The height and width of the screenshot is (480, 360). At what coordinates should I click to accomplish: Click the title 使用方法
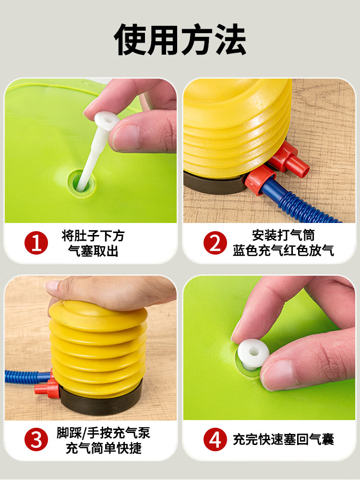coord(180,40)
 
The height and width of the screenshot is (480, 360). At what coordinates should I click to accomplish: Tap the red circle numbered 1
coord(36,243)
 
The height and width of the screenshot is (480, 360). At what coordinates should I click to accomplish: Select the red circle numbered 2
coord(215,243)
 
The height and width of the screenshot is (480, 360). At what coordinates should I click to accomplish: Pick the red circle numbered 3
coord(36,440)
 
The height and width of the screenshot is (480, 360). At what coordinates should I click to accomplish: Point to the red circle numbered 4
coord(215,440)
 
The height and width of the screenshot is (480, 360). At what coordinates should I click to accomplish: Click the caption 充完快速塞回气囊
coord(283,440)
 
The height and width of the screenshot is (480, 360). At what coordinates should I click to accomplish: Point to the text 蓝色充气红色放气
coord(283,250)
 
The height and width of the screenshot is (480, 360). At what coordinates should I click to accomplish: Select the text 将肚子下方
coord(93,236)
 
